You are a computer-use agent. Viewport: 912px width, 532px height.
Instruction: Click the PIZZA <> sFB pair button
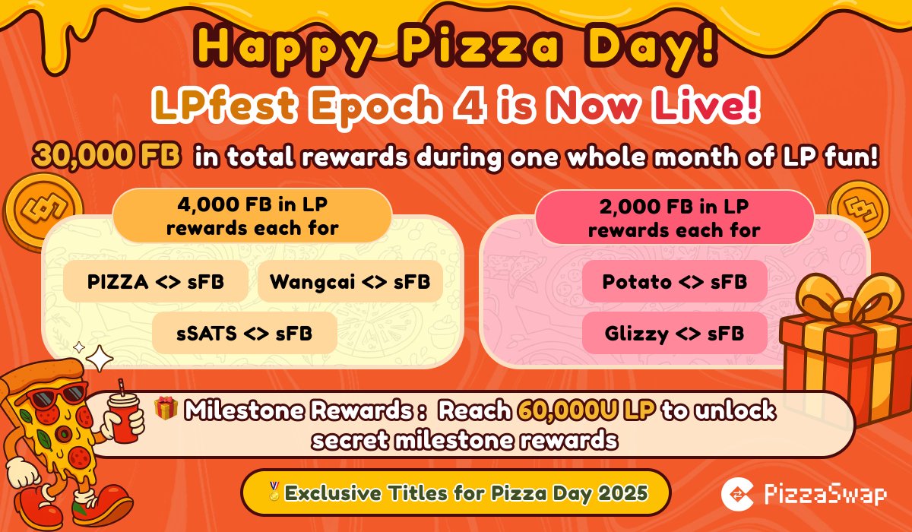click(157, 283)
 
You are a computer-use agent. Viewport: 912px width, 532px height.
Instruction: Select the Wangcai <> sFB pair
click(350, 283)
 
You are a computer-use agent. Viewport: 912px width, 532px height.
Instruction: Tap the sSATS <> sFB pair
click(244, 333)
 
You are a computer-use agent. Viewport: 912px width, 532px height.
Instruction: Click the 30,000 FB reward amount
click(106, 157)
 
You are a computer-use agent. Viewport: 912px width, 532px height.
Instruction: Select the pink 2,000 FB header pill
click(674, 217)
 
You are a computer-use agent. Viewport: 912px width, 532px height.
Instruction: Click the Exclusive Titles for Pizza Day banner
click(456, 493)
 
